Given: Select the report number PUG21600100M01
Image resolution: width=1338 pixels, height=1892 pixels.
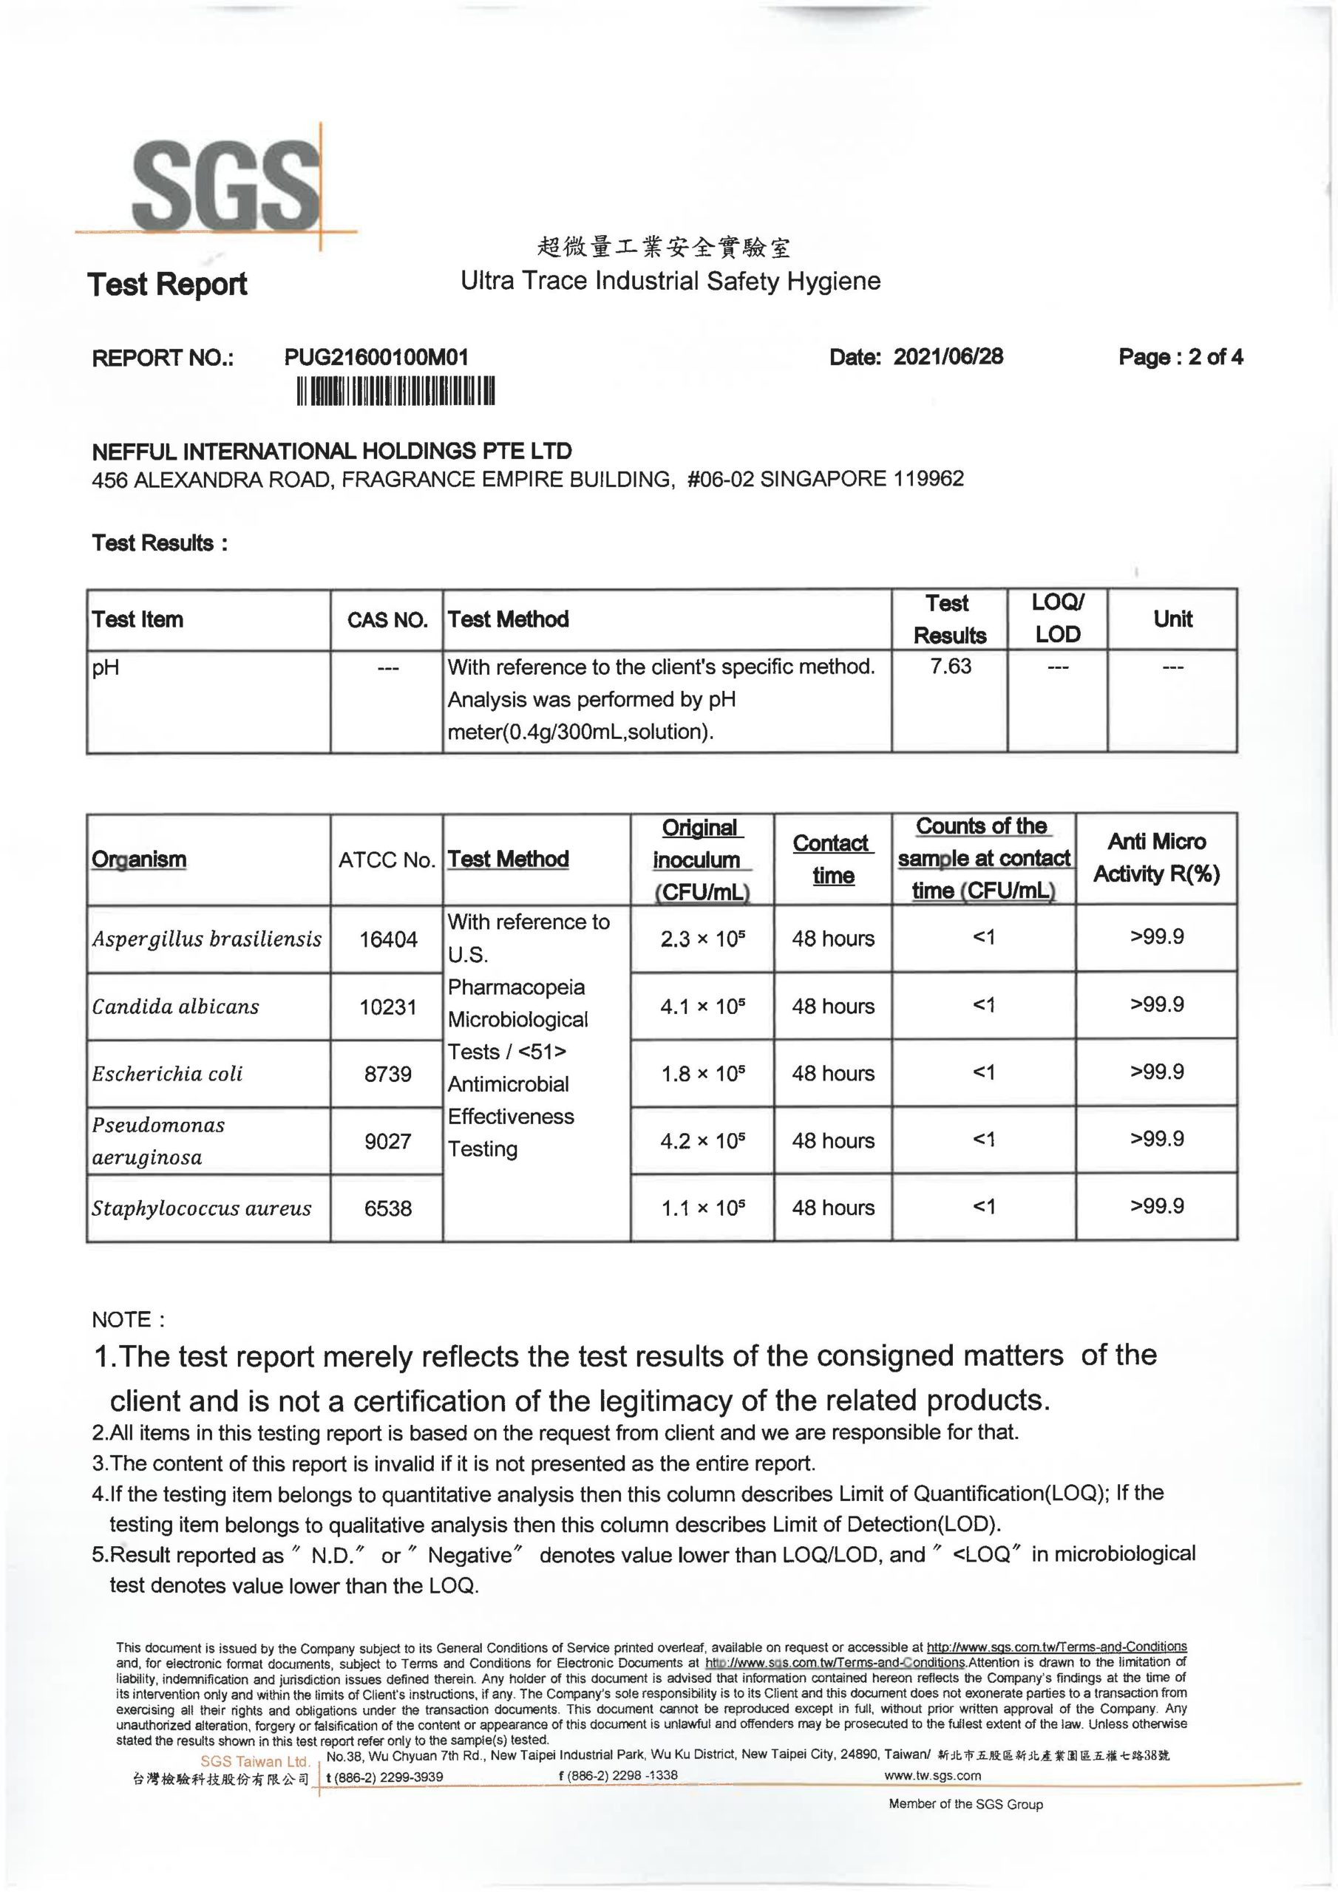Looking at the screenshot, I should (x=376, y=357).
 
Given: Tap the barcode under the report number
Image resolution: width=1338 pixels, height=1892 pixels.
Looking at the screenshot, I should (x=395, y=392).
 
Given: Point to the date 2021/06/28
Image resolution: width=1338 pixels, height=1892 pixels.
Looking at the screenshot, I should (x=948, y=356).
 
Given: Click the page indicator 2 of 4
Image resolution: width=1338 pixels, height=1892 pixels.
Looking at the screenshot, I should (x=1181, y=357).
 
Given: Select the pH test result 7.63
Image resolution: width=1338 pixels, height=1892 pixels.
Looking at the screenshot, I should (x=951, y=666).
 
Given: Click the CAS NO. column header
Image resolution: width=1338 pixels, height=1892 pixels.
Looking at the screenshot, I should (x=387, y=619).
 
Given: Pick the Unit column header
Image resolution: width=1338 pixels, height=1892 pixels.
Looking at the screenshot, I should (x=1172, y=619).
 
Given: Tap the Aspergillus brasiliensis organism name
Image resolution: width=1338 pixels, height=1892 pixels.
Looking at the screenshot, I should (x=206, y=939).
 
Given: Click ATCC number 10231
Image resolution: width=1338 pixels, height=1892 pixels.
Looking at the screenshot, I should (x=387, y=1006).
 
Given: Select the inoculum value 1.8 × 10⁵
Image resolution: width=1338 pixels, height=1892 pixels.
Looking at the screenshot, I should (x=702, y=1073).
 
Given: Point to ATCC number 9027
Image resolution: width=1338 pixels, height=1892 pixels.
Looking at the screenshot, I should (x=387, y=1140).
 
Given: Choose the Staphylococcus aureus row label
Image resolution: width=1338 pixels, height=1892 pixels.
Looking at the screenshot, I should (x=201, y=1208).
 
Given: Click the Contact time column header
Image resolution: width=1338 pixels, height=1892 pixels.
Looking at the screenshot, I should (x=832, y=859).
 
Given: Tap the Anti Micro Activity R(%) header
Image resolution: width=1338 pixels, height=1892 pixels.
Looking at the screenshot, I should (x=1156, y=858).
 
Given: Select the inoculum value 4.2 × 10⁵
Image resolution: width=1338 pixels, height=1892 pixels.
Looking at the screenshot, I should (x=702, y=1140).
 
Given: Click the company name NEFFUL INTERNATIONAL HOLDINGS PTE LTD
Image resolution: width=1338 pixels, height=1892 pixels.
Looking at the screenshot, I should (x=331, y=451).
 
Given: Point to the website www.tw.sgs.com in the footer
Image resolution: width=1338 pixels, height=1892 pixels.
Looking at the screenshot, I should (x=931, y=1775).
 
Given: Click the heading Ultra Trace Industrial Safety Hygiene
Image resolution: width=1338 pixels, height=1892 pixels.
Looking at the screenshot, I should (x=670, y=281).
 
